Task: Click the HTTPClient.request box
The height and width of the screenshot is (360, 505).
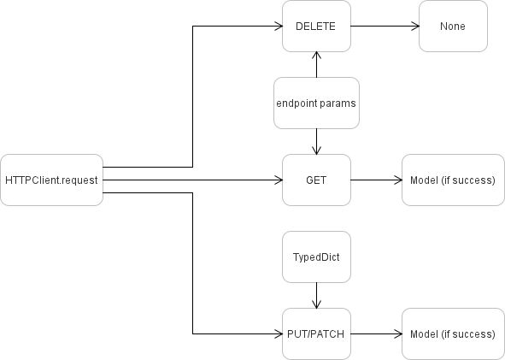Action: pos(51,180)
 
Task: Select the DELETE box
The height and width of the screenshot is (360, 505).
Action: pos(316,26)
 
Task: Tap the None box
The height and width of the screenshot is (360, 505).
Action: pos(453,26)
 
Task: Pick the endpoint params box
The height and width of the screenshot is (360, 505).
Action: pos(316,103)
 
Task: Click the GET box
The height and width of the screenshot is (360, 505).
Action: pos(316,180)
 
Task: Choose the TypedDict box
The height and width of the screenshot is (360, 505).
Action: pos(316,257)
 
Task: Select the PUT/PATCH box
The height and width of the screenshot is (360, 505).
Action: pos(316,333)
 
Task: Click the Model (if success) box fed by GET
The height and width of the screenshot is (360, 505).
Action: pos(453,180)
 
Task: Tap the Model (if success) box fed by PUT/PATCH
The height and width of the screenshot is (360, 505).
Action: pos(453,333)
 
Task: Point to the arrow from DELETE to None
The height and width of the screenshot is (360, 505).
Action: pos(385,26)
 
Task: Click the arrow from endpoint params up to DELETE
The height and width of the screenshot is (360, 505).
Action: pos(317,65)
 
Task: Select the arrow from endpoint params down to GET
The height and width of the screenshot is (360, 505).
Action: pos(317,141)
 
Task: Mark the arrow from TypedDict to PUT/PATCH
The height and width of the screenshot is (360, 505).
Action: pos(317,295)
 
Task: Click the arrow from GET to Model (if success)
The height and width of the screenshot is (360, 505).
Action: pos(376,180)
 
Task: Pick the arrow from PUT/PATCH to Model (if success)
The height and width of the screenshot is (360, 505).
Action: pos(376,333)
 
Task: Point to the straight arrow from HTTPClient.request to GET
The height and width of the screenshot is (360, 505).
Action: pos(192,180)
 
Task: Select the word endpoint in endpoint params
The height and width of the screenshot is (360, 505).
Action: pos(296,103)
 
